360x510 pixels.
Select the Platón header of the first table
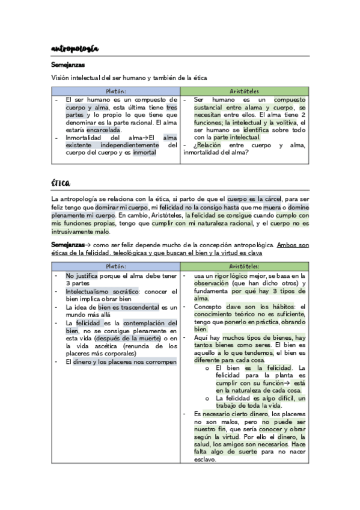[x=115, y=91]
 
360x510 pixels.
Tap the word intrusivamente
[x=75, y=231]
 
